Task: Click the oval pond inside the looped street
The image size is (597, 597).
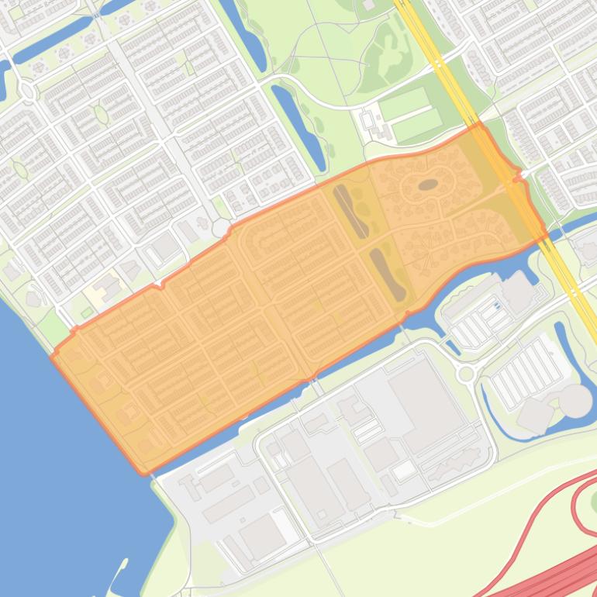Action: (x=427, y=185)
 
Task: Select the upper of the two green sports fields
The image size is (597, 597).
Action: (x=403, y=102)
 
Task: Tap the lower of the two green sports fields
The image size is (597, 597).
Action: (x=417, y=126)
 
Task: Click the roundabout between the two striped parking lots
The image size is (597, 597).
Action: (x=465, y=374)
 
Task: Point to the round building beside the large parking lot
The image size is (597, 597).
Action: (x=575, y=400)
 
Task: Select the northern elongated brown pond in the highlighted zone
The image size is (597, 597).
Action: (x=350, y=210)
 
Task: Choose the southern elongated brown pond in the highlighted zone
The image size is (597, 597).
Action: (x=387, y=274)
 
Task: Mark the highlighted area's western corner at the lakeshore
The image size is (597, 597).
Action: (x=53, y=356)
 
